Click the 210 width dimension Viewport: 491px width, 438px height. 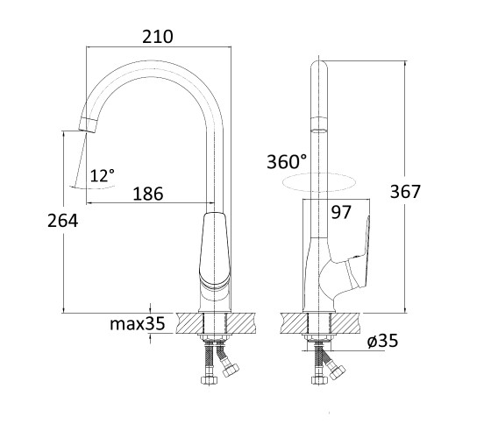pos(158,37)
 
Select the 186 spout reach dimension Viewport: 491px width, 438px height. pos(148,194)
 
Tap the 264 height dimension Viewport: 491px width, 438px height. pos(62,221)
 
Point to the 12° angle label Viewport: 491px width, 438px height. pos(103,175)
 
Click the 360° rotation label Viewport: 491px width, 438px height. pos(287,162)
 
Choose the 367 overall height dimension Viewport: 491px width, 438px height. pos(405,192)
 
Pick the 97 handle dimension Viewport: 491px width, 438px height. pos(341,212)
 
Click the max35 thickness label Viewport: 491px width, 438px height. pos(137,323)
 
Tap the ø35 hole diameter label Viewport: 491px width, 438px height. pos(382,341)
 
